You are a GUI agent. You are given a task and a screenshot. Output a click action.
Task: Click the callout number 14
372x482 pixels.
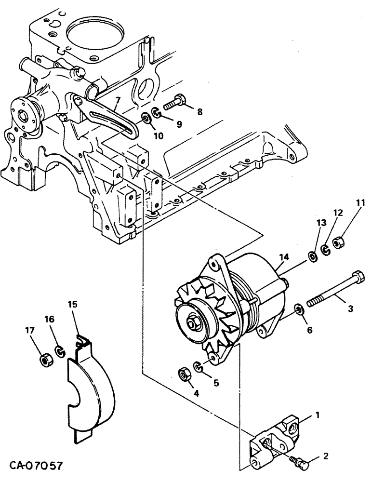tap(284, 258)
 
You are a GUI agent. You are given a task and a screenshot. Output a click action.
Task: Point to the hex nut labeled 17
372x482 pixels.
tap(45, 361)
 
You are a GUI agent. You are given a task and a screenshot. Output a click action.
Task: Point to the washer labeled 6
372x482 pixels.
tap(299, 309)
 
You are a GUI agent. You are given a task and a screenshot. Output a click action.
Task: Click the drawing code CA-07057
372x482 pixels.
tap(33, 467)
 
